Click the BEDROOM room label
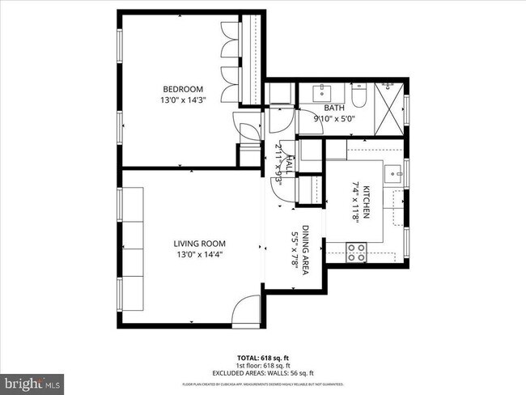(x=183, y=89)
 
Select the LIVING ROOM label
(x=198, y=244)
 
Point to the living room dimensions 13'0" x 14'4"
(x=198, y=255)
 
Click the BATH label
(x=333, y=108)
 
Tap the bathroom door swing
(x=279, y=121)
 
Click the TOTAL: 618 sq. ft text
(x=263, y=357)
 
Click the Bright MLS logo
(x=32, y=380)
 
